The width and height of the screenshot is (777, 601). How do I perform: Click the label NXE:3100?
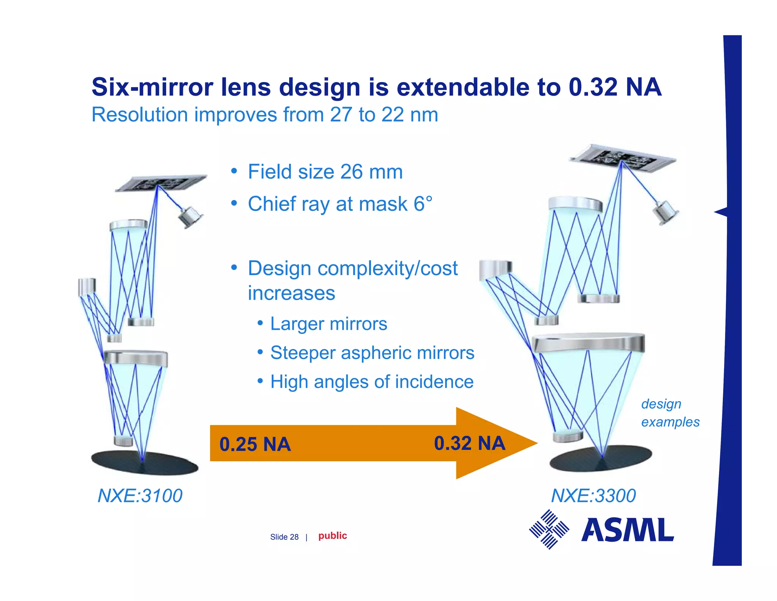pyautogui.click(x=140, y=496)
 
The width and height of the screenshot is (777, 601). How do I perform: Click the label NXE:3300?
pyautogui.click(x=593, y=496)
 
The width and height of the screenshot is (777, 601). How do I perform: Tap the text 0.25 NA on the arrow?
pyautogui.click(x=255, y=444)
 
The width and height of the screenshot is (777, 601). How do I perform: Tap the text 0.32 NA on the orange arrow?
pyautogui.click(x=469, y=443)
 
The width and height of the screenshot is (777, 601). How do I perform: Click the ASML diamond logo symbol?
pyautogui.click(x=549, y=529)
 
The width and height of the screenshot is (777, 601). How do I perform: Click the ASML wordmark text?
pyautogui.click(x=628, y=530)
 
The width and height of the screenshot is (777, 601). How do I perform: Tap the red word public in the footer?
pyautogui.click(x=332, y=536)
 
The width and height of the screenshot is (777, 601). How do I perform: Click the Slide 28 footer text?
pyautogui.click(x=284, y=537)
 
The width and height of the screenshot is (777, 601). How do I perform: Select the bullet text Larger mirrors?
pyautogui.click(x=329, y=324)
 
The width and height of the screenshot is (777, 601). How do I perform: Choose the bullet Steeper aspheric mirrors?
pyautogui.click(x=372, y=353)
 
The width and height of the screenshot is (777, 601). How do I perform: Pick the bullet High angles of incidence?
pyautogui.click(x=372, y=382)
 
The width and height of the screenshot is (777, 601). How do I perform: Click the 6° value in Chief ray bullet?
pyautogui.click(x=423, y=204)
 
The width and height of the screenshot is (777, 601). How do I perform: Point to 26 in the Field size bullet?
pyautogui.click(x=351, y=172)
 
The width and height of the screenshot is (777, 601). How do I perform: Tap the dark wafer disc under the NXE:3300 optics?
pyautogui.click(x=601, y=459)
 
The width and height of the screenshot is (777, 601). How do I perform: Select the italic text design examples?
pyautogui.click(x=670, y=413)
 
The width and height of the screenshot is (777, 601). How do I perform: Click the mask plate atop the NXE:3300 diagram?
pyautogui.click(x=622, y=156)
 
